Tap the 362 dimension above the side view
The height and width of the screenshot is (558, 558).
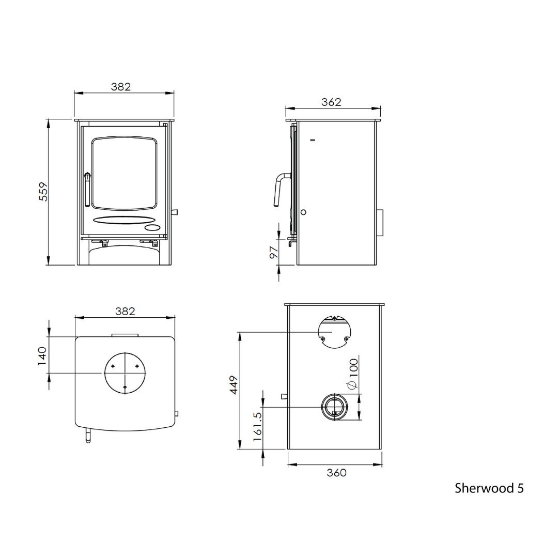(x=331, y=102)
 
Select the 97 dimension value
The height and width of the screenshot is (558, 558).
(x=274, y=252)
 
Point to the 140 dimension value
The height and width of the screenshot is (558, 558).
(x=42, y=355)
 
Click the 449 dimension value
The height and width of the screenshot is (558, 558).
(x=234, y=385)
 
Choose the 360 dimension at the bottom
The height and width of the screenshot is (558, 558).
(x=336, y=473)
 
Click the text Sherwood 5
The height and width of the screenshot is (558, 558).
(x=489, y=488)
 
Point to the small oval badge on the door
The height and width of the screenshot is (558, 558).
(x=153, y=227)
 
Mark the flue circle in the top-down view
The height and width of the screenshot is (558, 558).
(x=125, y=373)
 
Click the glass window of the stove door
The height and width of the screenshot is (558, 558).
(x=124, y=173)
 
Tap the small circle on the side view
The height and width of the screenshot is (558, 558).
(x=303, y=212)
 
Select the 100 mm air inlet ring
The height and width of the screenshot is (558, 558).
(x=335, y=407)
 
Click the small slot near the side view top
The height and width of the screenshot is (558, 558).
(x=312, y=140)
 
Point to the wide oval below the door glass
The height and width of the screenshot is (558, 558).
(x=124, y=220)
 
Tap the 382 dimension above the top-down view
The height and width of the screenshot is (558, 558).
(x=125, y=312)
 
